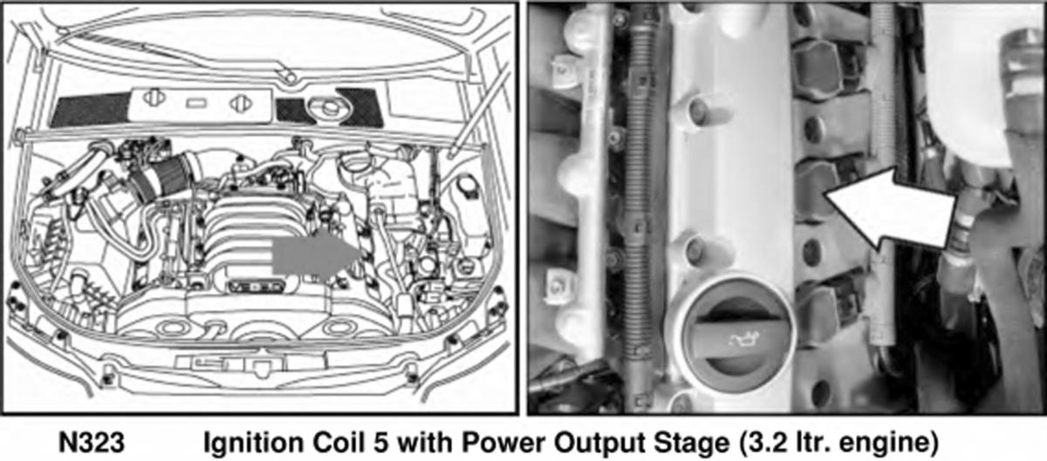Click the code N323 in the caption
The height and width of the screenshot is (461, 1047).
(x=92, y=443)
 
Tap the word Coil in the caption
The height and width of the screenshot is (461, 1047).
(x=339, y=443)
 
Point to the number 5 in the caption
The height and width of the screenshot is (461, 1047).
(x=380, y=444)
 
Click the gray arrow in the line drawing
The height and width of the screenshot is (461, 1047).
(x=316, y=255)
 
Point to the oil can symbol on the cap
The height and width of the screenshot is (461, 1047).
(x=743, y=339)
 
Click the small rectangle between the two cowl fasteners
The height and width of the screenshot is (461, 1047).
(x=196, y=103)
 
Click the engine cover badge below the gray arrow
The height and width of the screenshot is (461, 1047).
(x=257, y=287)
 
